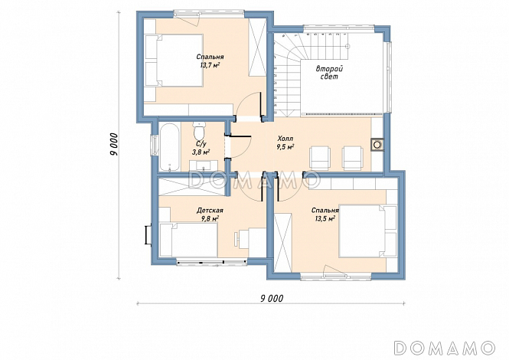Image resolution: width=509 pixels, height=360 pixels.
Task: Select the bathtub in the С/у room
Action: click(x=169, y=147)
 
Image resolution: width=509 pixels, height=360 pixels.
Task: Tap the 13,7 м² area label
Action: click(x=210, y=65)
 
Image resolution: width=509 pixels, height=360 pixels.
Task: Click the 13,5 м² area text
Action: click(x=325, y=218)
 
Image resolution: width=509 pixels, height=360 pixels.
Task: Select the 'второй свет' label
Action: click(x=329, y=73)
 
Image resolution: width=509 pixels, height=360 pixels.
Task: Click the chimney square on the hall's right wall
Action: click(x=377, y=145)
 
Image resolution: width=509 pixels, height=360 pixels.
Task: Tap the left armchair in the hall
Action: click(x=321, y=158)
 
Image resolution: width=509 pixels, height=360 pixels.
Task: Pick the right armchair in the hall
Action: click(x=353, y=158)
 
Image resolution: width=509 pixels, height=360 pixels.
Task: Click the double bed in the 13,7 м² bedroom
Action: click(x=174, y=61)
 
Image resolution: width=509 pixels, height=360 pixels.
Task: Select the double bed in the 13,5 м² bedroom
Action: click(x=367, y=231)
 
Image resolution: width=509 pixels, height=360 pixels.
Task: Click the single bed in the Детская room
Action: click(x=188, y=240)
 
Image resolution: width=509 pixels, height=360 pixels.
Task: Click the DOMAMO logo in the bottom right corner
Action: click(x=445, y=348)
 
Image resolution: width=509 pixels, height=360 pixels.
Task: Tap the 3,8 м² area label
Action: click(x=201, y=152)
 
